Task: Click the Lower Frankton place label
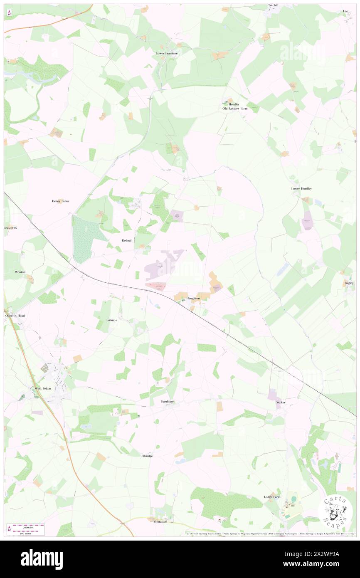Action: click(x=167, y=53)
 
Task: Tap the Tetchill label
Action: click(x=273, y=5)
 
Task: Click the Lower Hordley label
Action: click(x=301, y=188)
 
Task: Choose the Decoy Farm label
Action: click(x=60, y=201)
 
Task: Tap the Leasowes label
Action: click(x=10, y=228)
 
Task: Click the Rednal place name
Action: click(x=127, y=240)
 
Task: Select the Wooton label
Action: click(x=20, y=272)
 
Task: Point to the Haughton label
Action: click(x=193, y=299)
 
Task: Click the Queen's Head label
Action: click(x=15, y=316)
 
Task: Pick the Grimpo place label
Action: click(x=111, y=320)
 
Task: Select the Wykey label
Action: click(x=281, y=403)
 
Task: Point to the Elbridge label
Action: click(x=147, y=456)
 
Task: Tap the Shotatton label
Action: click(x=160, y=521)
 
